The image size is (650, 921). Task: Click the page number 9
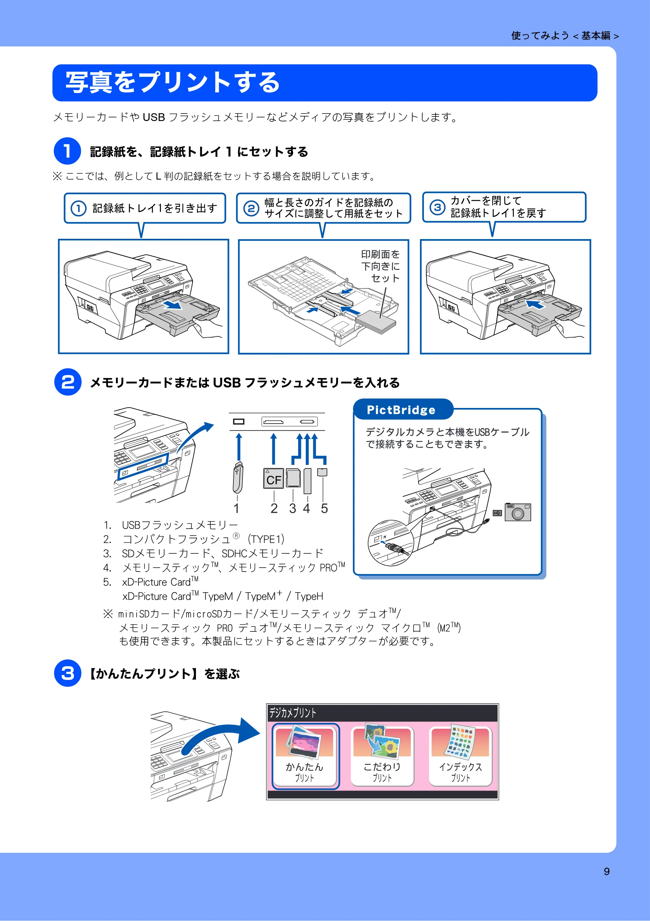tap(607, 871)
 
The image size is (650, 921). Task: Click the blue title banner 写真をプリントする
tap(325, 83)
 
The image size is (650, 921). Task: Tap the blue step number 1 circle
tap(67, 151)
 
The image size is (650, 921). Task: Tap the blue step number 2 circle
tap(68, 382)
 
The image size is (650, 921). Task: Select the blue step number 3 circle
tap(68, 673)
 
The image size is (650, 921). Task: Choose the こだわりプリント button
tap(382, 756)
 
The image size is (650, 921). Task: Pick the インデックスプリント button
tap(461, 756)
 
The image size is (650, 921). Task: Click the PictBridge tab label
tap(401, 410)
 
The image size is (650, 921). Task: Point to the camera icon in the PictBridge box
tap(518, 512)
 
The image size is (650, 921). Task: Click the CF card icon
tap(274, 479)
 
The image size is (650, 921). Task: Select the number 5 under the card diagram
tap(324, 508)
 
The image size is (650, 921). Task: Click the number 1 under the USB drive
tap(236, 508)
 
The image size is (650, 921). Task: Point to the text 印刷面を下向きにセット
tap(380, 266)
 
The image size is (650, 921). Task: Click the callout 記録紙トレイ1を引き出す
tap(145, 208)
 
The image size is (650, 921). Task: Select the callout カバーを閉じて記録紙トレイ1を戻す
tap(504, 207)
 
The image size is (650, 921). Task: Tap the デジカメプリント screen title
tap(292, 712)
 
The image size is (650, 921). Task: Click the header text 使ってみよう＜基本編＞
tap(565, 36)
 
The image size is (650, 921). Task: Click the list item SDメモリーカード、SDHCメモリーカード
tap(222, 554)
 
